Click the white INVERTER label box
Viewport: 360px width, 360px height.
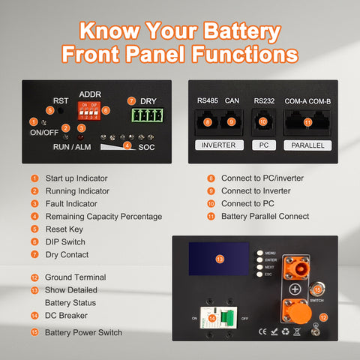click(219, 145)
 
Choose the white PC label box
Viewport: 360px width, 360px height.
click(262, 145)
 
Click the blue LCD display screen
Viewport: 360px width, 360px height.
click(220, 259)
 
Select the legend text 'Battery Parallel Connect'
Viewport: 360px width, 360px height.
click(265, 216)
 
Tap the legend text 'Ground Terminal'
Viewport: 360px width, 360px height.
click(76, 277)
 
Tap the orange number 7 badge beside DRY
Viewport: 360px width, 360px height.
click(131, 100)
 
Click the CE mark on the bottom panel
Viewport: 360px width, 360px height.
click(262, 331)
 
